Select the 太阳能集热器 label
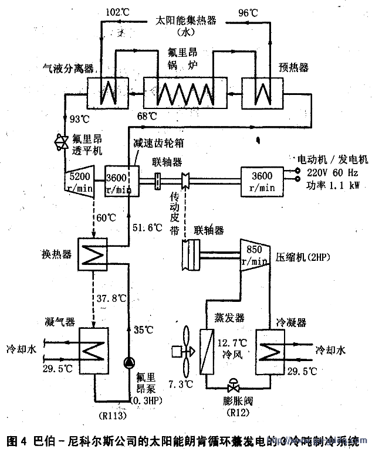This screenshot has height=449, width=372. pos(185,20)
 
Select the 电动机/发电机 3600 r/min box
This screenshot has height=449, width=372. pos(261,178)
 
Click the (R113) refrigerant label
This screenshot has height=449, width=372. pos(111,415)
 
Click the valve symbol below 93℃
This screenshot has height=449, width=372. pos(60,141)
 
